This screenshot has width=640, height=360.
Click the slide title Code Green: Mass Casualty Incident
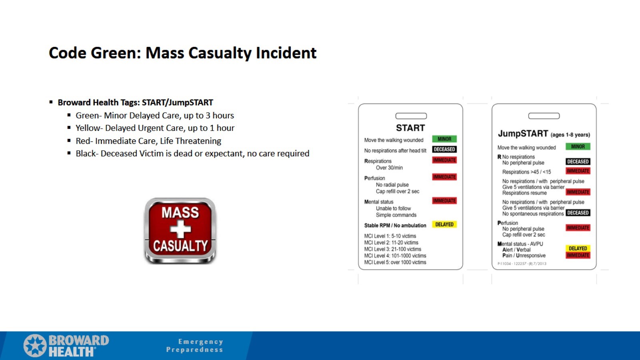click(182, 53)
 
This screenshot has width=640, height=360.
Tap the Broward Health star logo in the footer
click(35, 346)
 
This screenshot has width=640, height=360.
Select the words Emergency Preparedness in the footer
click(195, 346)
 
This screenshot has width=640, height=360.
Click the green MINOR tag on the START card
click(444, 139)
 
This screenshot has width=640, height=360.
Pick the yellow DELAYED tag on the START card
click(444, 224)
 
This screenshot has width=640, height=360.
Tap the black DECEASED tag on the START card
click(444, 150)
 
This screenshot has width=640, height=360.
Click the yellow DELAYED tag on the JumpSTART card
click(578, 248)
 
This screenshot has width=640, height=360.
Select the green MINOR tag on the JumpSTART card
click(578, 146)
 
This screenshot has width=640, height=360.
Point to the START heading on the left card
click(410, 128)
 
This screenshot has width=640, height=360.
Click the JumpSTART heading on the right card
click(523, 134)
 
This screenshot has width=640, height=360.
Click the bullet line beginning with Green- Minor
click(154, 116)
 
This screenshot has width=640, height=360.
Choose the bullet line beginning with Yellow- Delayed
click(155, 128)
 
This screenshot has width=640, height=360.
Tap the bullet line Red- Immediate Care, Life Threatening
click(148, 141)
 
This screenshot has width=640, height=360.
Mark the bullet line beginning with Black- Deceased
click(192, 154)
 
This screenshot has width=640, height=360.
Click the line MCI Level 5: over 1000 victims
click(395, 262)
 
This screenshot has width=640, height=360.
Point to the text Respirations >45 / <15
click(526, 172)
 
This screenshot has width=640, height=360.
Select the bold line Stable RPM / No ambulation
click(395, 226)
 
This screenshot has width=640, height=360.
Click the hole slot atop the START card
click(411, 116)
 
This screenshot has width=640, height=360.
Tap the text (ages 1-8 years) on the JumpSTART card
click(570, 135)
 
